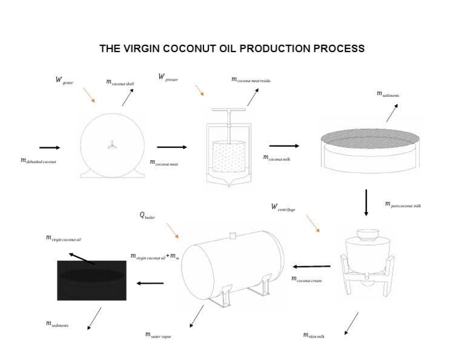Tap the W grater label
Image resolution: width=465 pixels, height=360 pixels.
[x=64, y=80]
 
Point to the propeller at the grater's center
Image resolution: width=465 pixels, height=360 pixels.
[x=112, y=144]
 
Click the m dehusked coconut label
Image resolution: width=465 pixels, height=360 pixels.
[x=38, y=161]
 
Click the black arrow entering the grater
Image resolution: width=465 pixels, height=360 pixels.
[x=50, y=147]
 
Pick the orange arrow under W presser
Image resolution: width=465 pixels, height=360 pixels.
[x=199, y=90]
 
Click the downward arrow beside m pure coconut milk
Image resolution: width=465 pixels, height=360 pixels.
[x=366, y=203]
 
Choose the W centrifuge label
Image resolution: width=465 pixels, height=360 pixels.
[x=283, y=208]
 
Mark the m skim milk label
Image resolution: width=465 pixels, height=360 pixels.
[x=313, y=335]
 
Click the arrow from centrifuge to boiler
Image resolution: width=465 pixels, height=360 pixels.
[x=312, y=266]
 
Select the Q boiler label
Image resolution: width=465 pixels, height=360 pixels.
[x=147, y=215]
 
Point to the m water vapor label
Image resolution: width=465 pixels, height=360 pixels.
[x=158, y=335]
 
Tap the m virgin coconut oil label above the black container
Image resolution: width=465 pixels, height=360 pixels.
[x=63, y=239]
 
